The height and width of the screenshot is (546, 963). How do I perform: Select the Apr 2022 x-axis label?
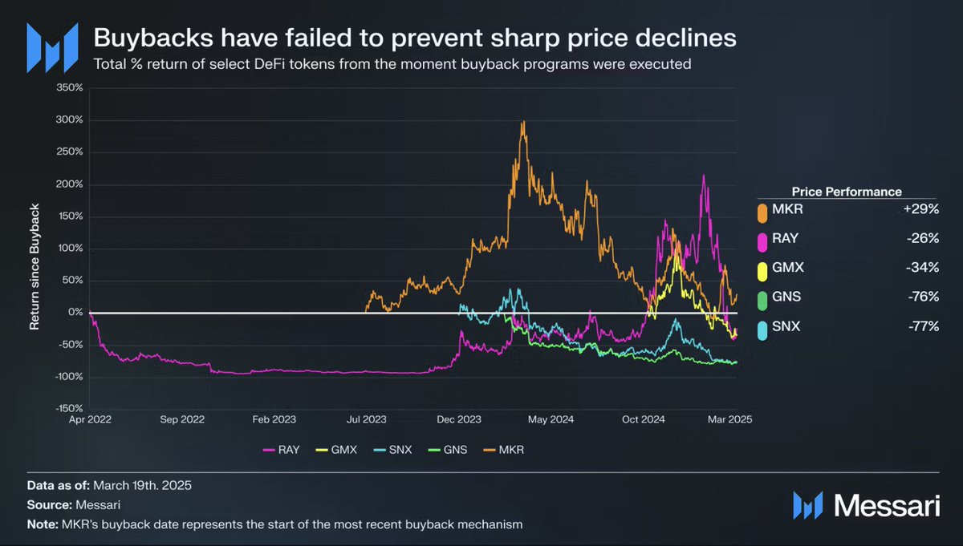click(89, 419)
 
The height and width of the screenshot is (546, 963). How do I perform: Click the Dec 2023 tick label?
click(458, 419)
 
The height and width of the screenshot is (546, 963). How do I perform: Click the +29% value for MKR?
click(923, 209)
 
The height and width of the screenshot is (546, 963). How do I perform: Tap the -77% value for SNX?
click(924, 326)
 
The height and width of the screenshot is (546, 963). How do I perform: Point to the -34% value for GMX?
click(924, 268)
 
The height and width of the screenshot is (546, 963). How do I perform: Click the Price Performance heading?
click(846, 192)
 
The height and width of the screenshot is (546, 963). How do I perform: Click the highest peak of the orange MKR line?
click(523, 123)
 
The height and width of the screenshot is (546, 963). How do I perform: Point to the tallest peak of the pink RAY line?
click(704, 176)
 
